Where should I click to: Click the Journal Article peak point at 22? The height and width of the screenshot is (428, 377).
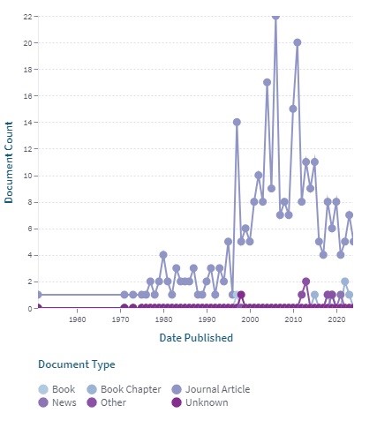[275, 17]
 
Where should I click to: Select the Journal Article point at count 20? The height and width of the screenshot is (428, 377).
[298, 42]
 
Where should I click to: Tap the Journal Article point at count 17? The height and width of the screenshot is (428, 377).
[267, 82]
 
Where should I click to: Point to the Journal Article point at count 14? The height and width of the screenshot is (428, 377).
[237, 122]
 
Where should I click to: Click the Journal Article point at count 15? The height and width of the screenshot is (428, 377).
[293, 109]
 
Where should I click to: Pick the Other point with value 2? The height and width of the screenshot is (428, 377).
[305, 282]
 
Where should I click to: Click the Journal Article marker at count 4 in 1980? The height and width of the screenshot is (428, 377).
[163, 255]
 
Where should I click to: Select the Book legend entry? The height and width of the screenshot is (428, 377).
[57, 389]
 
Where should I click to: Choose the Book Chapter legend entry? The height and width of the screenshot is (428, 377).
[124, 389]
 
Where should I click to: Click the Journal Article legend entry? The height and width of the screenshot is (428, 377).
[211, 389]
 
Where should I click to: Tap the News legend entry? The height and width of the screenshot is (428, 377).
[57, 402]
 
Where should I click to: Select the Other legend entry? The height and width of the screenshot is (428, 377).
[107, 402]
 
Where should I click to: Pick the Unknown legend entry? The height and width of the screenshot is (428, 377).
[200, 402]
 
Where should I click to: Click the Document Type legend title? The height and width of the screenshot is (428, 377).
[77, 364]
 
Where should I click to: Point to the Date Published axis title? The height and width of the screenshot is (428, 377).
[196, 337]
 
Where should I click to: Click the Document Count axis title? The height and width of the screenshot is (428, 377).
[9, 162]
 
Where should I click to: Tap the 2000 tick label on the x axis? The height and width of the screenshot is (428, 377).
[250, 319]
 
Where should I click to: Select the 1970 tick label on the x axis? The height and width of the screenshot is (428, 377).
[120, 319]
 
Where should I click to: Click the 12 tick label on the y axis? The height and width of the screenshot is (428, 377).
[27, 149]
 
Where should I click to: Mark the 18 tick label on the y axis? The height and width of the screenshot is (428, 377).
[27, 70]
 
